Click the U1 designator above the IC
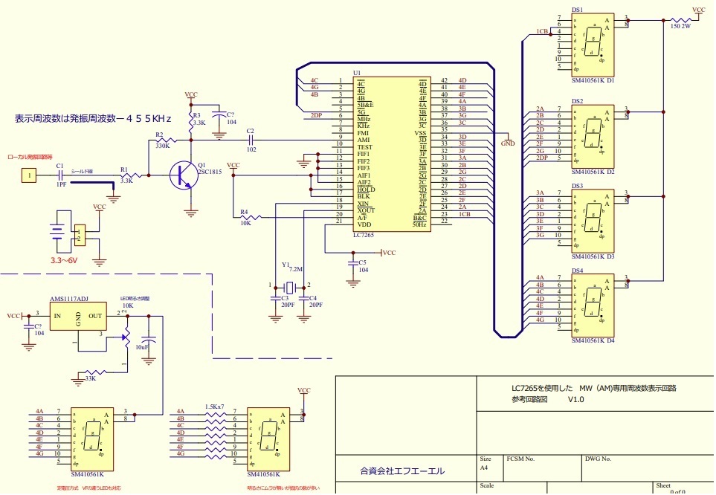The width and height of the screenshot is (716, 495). [357, 73]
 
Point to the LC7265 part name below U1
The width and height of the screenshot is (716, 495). [364, 234]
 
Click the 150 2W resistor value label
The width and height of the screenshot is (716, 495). [680, 26]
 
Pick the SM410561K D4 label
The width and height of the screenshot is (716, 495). [593, 341]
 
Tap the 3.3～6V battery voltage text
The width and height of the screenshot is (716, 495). [64, 261]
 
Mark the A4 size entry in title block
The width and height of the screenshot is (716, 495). [486, 469]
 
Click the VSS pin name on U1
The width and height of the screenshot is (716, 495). [420, 130]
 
